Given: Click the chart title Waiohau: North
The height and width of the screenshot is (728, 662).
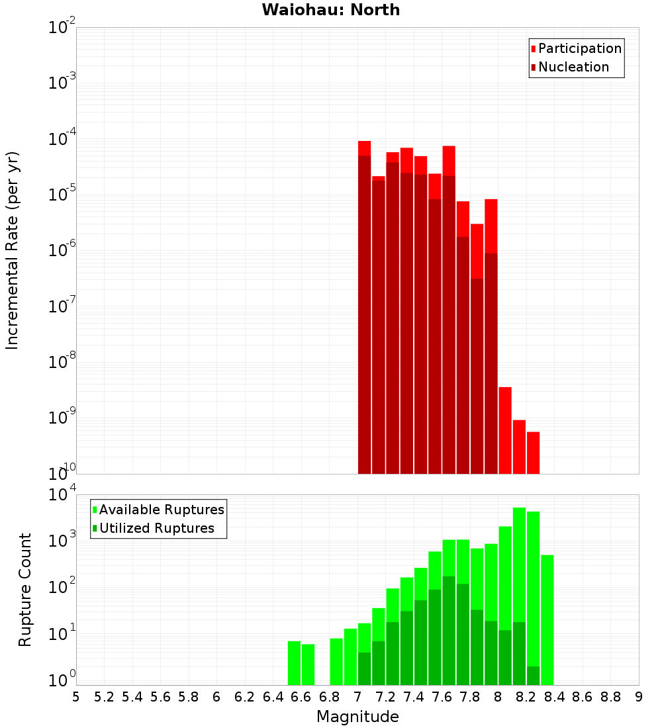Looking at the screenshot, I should pos(331,10).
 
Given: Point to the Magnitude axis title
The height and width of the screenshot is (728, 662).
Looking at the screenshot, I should pos(357,717).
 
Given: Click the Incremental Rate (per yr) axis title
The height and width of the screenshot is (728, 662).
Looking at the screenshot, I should pos(13,250).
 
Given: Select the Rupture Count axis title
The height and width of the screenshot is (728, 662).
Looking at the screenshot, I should pos(25,589).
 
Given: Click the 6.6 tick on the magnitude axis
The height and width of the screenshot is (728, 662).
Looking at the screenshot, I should pos(301,697).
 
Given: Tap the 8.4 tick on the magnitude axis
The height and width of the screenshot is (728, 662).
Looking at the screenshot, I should pos(555,697).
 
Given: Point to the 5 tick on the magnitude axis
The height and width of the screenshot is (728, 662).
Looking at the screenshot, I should pos(76,697).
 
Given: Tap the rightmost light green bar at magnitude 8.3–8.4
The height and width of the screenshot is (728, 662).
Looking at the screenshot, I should pos(547,619).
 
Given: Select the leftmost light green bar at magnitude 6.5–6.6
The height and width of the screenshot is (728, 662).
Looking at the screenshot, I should pos(294,662).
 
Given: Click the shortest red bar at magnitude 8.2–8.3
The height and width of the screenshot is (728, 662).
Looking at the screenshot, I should pos(533,453).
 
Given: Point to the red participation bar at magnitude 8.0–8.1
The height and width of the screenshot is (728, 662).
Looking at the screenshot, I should pos(505,430).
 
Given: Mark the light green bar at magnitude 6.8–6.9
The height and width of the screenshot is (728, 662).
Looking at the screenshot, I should pos(336,661).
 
